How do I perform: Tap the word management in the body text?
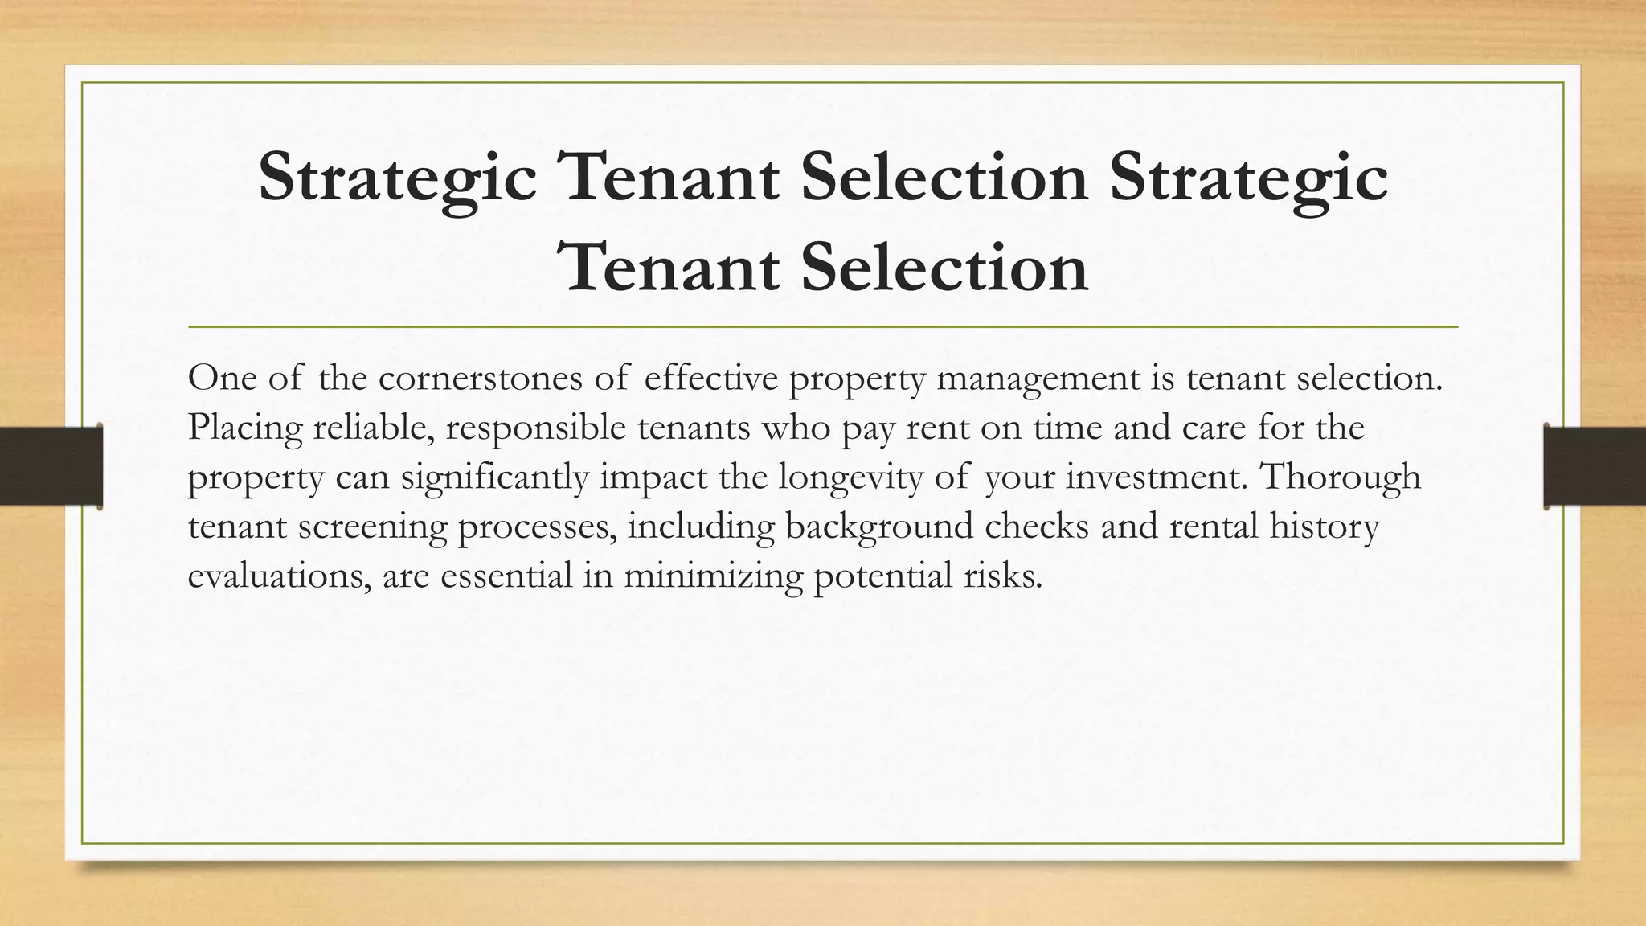(1038, 379)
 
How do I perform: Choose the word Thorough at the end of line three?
(1340, 477)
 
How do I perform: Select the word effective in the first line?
(711, 379)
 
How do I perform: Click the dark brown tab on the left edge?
(51, 466)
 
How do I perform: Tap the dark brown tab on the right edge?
(1595, 466)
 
